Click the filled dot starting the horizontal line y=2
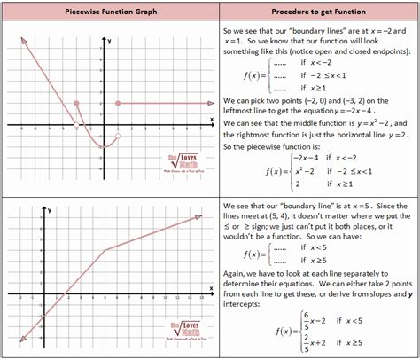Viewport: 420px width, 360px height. [118, 104]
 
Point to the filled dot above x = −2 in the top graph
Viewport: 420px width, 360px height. [77, 104]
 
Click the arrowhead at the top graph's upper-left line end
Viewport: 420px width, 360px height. [21, 41]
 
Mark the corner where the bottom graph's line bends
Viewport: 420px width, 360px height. [130, 250]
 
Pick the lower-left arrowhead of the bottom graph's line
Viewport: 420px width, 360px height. [17, 336]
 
